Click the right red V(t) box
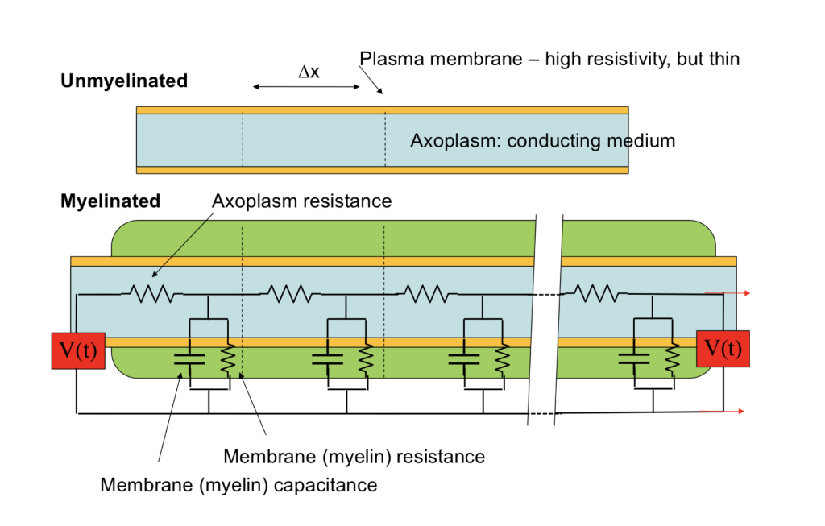tap(723, 349)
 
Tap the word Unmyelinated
tap(124, 81)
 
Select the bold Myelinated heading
tap(110, 201)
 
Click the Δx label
tap(309, 72)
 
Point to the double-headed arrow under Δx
tap(305, 86)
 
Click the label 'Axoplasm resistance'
tap(301, 201)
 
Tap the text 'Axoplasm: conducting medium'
tap(542, 140)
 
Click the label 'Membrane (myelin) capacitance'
tap(238, 485)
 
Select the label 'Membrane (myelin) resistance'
tap(354, 457)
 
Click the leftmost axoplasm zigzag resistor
tap(151, 294)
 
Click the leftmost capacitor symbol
tap(189, 358)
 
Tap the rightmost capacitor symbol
tap(634, 358)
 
